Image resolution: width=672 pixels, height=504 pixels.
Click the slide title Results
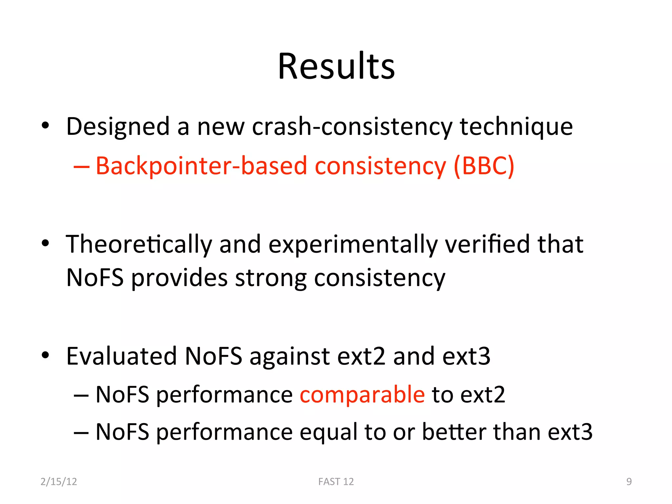point(336,66)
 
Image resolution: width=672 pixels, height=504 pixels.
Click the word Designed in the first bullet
point(118,127)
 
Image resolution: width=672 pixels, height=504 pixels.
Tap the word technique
point(516,127)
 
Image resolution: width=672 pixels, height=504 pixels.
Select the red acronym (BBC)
point(484,166)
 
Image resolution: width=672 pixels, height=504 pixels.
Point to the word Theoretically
point(139,245)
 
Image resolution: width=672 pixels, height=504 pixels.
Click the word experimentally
point(353,245)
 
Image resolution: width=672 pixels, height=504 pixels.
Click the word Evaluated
point(121,356)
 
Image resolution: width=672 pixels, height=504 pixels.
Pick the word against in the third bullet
point(289,356)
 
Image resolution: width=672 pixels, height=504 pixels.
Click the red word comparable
point(362,394)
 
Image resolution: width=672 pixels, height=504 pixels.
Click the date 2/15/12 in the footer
point(59,481)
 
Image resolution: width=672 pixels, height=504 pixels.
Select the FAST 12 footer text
point(336,481)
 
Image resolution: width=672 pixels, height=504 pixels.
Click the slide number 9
point(629,481)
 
